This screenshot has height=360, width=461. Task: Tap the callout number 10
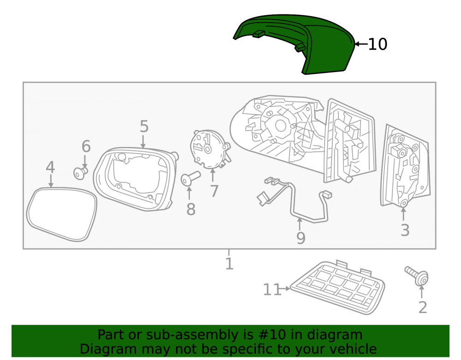pyautogui.click(x=378, y=44)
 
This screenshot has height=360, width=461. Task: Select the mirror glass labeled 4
pyautogui.click(x=61, y=214)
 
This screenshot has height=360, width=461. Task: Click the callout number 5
pyautogui.click(x=144, y=126)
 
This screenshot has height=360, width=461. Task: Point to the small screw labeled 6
pyautogui.click(x=80, y=173)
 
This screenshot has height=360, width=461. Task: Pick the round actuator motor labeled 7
pyautogui.click(x=210, y=150)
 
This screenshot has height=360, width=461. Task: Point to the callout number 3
pyautogui.click(x=405, y=230)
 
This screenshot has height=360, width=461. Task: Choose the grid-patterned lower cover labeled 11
pyautogui.click(x=337, y=287)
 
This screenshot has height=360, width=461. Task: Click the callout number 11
pyautogui.click(x=272, y=289)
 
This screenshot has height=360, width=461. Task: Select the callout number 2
pyautogui.click(x=422, y=308)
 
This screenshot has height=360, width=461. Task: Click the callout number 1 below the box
pyautogui.click(x=229, y=264)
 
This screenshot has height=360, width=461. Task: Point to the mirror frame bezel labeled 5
pyautogui.click(x=135, y=179)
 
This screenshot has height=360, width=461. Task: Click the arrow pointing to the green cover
pyautogui.click(x=361, y=44)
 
